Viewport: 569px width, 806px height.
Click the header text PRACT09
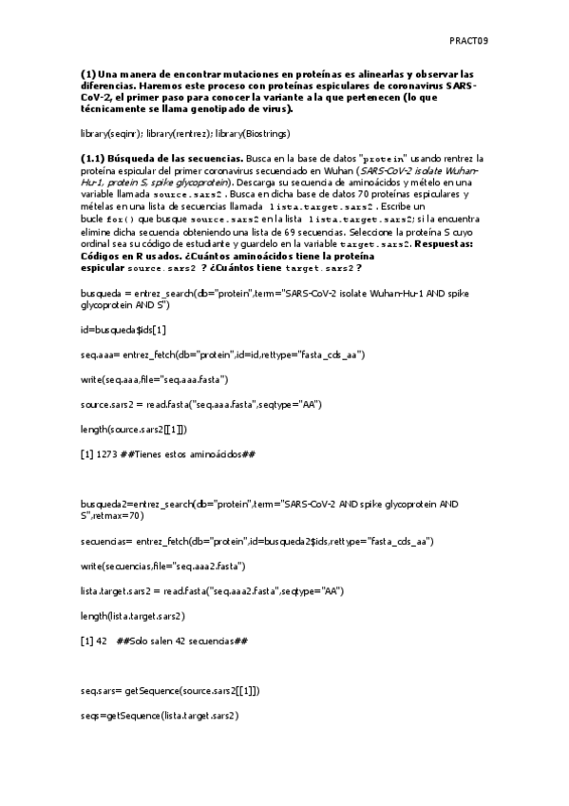468,41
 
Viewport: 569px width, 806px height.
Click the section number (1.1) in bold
95,158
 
